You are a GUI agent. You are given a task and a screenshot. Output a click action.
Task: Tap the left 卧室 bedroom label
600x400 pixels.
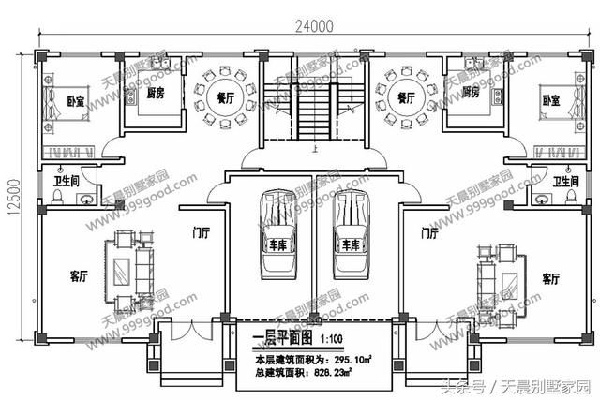click(x=49, y=100)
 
